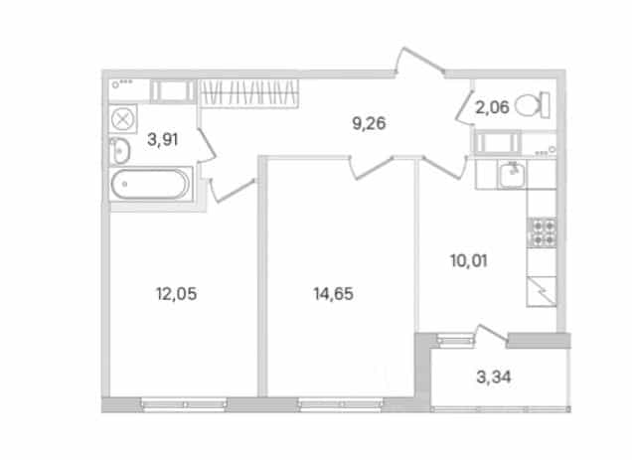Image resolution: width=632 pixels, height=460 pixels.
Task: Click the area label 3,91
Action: click(162, 139)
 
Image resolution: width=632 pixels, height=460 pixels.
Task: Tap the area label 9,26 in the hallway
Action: click(369, 123)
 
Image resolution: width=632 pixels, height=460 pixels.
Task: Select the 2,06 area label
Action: click(492, 107)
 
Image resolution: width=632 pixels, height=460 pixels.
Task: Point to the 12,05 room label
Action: click(177, 294)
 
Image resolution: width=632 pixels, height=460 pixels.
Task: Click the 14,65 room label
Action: click(333, 294)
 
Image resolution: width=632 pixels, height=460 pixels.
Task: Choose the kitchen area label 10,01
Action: click(469, 261)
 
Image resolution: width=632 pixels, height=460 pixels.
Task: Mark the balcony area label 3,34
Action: click(494, 378)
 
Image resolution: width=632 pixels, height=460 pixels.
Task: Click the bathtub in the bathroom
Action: click(150, 184)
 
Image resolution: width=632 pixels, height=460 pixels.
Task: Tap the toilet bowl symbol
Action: click(533, 105)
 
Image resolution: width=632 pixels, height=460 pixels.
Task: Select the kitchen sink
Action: click(511, 174)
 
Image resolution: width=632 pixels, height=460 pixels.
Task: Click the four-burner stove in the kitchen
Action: click(543, 232)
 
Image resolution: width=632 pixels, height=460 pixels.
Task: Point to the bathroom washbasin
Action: click(119, 151)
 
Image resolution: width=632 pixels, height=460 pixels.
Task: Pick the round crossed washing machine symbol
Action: click(122, 119)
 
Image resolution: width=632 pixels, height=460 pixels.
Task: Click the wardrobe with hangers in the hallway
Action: click(249, 93)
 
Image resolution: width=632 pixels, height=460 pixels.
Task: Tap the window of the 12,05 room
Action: click(184, 404)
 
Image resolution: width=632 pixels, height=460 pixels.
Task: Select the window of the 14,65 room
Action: click(341, 404)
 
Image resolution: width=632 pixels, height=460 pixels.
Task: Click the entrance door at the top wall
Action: click(419, 62)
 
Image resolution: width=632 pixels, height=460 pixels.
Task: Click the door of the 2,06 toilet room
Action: click(464, 105)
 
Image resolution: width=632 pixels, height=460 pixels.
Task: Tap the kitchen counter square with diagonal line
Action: click(542, 291)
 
